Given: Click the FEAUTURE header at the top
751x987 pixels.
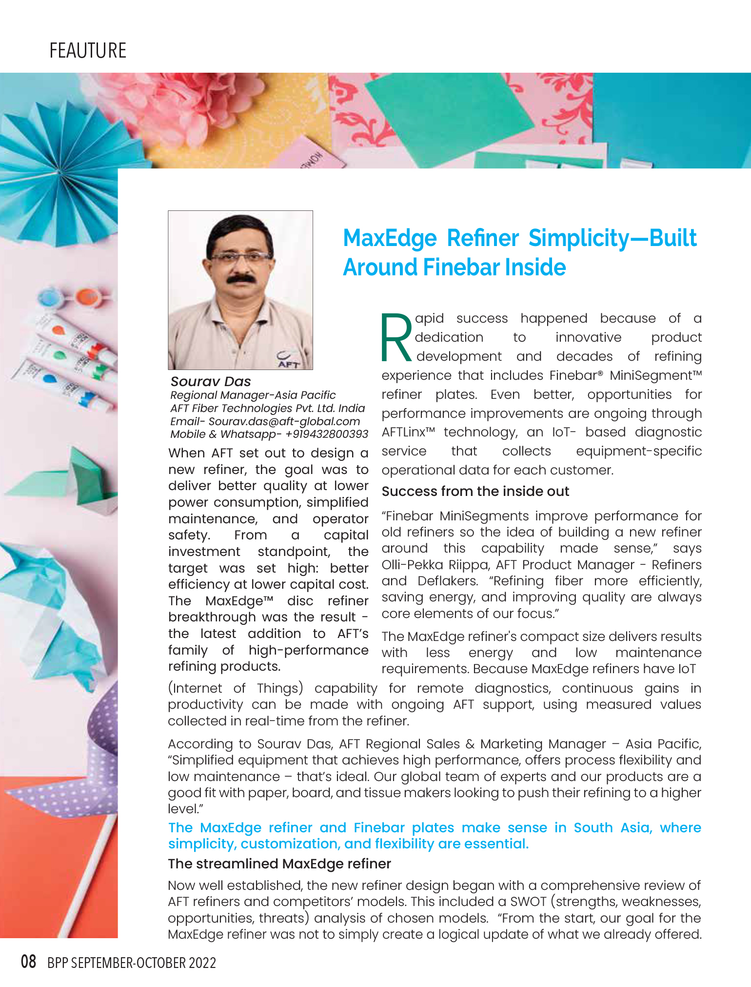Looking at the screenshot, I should click(x=88, y=51).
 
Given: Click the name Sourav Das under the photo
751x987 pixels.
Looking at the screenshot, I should click(x=211, y=382).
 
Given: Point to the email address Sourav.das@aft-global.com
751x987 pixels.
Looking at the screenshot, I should click(x=284, y=421).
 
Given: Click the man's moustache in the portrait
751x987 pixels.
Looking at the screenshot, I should click(x=241, y=279).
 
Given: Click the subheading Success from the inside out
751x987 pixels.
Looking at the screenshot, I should click(x=475, y=492).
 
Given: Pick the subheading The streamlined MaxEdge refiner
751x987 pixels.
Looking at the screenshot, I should click(x=279, y=864).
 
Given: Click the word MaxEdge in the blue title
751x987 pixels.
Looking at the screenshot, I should click(x=390, y=239).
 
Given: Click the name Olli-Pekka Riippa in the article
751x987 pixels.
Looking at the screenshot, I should click(x=435, y=565).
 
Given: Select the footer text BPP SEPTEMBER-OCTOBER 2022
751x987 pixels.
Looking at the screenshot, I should click(x=132, y=963).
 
